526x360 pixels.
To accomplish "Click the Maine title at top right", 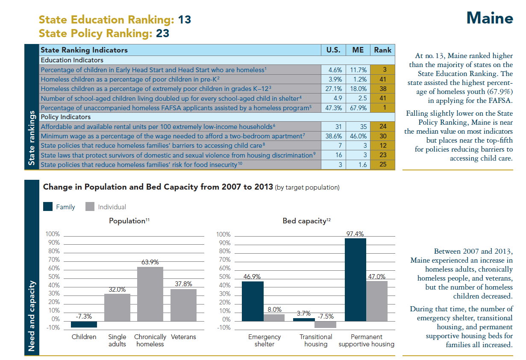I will pos(489,18).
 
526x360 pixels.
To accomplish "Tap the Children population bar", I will pos(84,324).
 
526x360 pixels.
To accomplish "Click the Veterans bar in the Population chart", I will pos(183,305).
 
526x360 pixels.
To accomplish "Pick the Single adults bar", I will pos(117,307).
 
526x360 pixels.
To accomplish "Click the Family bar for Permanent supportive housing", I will pos(356,280).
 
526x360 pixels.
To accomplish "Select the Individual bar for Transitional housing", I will pos(325,324).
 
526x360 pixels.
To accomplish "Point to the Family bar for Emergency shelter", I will pos(253,301).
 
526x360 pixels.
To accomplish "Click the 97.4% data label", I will pos(356,234).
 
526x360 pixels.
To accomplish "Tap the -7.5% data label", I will pos(326,316).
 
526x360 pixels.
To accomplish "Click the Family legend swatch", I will pos(48,207).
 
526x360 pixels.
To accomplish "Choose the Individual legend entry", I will pos(106,207).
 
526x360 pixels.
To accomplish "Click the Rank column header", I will pos(382,50).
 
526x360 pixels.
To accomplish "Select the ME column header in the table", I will pos(358,50).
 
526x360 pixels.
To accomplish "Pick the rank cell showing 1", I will pos(382,108).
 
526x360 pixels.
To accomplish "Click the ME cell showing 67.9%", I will pos(359,108).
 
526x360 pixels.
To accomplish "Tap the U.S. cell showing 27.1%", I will pos(333,89).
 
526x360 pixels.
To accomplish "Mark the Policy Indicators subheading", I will pos(65,117).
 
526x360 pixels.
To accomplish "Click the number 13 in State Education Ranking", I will pos(185,20).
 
